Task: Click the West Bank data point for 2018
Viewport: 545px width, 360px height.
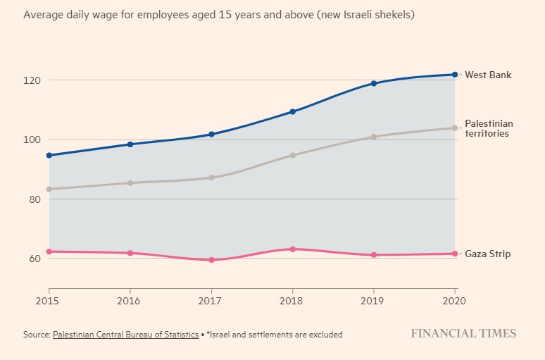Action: click(292, 112)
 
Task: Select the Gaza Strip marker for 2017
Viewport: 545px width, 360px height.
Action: click(211, 260)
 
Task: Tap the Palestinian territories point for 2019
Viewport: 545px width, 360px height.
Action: click(374, 137)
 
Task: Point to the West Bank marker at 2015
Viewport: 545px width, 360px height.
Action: click(49, 155)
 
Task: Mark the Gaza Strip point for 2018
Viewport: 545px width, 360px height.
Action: click(292, 249)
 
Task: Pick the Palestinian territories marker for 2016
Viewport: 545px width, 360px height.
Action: click(130, 182)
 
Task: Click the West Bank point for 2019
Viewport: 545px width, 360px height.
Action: click(374, 83)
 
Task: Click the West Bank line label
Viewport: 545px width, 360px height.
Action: click(488, 75)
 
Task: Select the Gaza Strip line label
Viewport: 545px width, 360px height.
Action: click(487, 254)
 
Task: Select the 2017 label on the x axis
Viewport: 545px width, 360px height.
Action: click(211, 301)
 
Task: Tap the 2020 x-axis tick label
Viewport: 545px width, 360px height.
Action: click(455, 301)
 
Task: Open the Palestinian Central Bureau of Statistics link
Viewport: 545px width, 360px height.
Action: click(125, 335)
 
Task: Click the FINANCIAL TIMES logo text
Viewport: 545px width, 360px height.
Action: click(463, 334)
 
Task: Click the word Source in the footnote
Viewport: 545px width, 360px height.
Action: click(37, 335)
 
